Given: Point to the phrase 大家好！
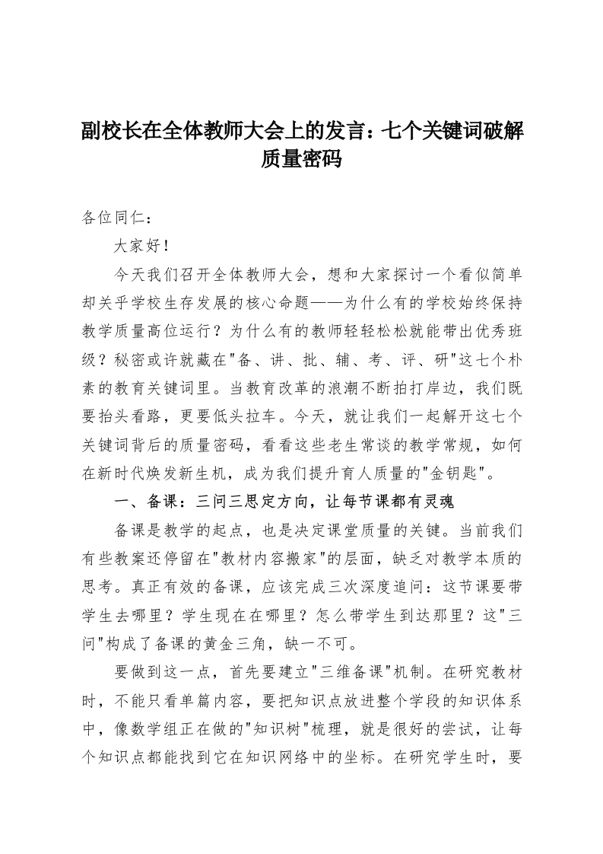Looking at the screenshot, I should click(138, 246).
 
